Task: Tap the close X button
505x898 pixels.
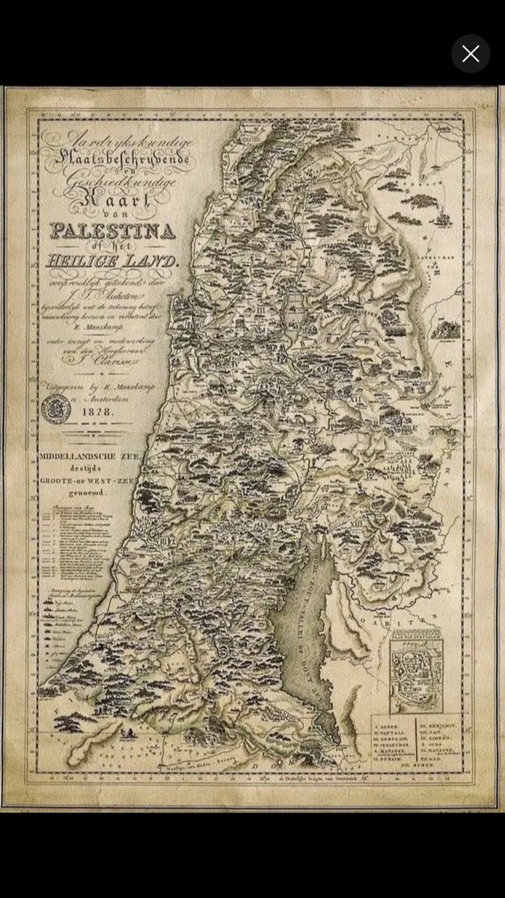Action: click(471, 54)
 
